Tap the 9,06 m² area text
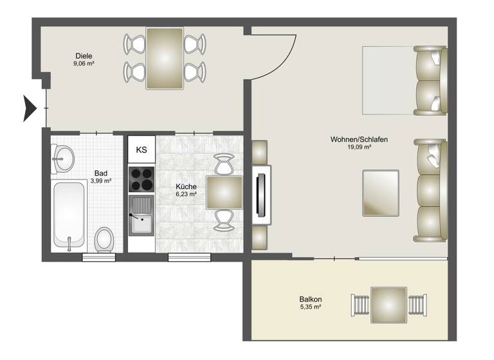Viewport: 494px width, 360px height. coord(84,64)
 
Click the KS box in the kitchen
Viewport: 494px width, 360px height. coord(142,150)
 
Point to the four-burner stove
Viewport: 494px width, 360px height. coord(142,179)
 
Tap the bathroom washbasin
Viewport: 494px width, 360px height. coord(64,158)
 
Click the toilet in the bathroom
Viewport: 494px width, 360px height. coord(103,240)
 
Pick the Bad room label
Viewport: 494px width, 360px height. coord(100,173)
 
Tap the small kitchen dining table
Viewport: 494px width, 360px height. coord(224,193)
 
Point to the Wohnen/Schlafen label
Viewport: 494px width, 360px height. coord(359,139)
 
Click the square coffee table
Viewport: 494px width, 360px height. coord(380,192)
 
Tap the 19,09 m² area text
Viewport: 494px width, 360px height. coord(360,148)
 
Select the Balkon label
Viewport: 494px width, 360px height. coord(310,299)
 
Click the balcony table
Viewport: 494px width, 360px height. coord(389,304)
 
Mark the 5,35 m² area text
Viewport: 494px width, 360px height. coord(310,308)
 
